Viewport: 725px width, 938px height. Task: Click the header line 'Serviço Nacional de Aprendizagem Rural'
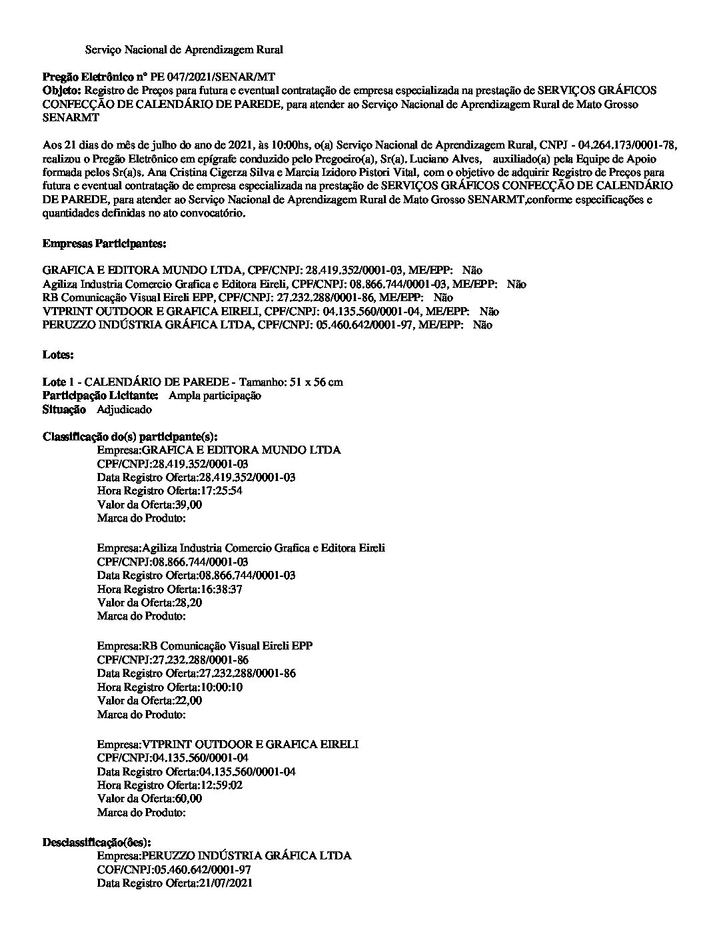[x=184, y=50]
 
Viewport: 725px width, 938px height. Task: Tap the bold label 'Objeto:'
[x=62, y=91]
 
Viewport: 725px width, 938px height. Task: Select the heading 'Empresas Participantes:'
[x=104, y=244]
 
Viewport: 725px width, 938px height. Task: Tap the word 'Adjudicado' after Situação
[x=124, y=410]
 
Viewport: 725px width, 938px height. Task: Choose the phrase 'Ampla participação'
[x=215, y=396]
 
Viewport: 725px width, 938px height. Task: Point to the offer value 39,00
[x=188, y=505]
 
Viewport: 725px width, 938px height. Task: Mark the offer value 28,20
[x=188, y=603]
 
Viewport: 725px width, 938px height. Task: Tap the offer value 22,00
[x=188, y=701]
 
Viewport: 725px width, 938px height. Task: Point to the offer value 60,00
[x=188, y=799]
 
